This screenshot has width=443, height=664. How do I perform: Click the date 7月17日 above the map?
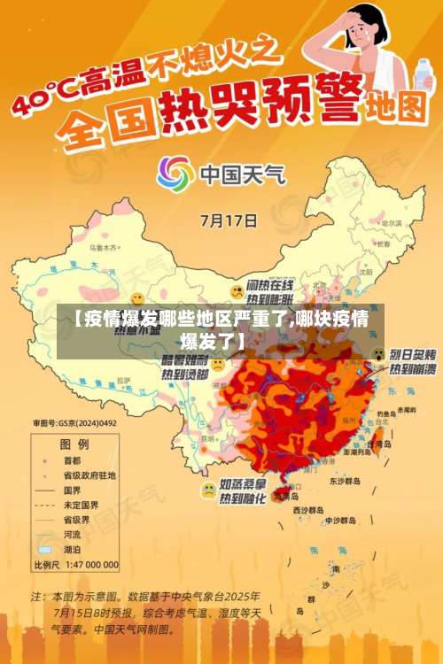pos(229,220)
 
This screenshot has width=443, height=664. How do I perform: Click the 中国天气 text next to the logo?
pos(240,173)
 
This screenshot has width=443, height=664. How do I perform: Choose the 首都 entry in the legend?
pos(70,460)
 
